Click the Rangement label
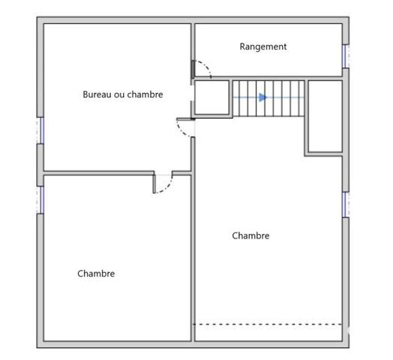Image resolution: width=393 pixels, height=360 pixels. [263, 46]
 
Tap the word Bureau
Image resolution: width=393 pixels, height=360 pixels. [97, 94]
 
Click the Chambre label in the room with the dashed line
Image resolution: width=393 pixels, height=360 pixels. [250, 235]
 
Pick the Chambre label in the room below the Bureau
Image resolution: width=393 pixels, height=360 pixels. [96, 274]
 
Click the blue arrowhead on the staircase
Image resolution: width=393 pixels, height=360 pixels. [263, 97]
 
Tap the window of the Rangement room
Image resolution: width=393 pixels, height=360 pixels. [346, 56]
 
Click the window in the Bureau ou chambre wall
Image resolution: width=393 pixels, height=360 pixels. [40, 130]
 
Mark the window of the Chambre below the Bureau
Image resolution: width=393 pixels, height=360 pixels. [40, 199]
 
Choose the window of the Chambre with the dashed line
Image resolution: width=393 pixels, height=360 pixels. [346, 205]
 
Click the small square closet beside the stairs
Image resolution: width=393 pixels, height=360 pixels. [212, 97]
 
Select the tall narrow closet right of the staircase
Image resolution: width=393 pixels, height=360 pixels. [325, 116]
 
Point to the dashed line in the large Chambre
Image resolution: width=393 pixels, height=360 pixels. [268, 325]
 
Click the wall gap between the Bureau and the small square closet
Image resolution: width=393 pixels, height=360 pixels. [193, 93]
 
